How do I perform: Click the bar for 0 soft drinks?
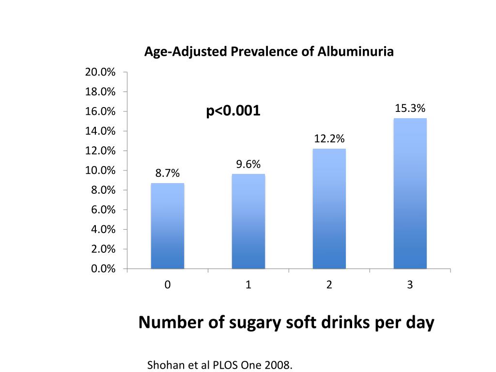tap(168, 226)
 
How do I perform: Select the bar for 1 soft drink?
tap(248, 221)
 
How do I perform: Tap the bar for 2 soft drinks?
tap(329, 208)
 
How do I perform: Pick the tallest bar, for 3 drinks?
tap(410, 193)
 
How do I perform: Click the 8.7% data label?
tap(168, 173)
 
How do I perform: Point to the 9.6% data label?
tap(248, 165)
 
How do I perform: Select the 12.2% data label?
tap(329, 139)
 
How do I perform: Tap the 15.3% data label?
tap(410, 108)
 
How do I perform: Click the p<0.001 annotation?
tap(233, 111)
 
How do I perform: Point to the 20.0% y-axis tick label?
tap(100, 72)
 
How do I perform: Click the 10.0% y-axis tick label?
tap(100, 170)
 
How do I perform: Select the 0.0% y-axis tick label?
tap(102, 269)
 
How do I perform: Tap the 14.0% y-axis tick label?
tap(100, 131)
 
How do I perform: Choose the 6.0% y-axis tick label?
tap(102, 210)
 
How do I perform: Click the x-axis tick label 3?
tap(410, 285)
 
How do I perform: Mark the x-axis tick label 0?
tap(168, 285)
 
